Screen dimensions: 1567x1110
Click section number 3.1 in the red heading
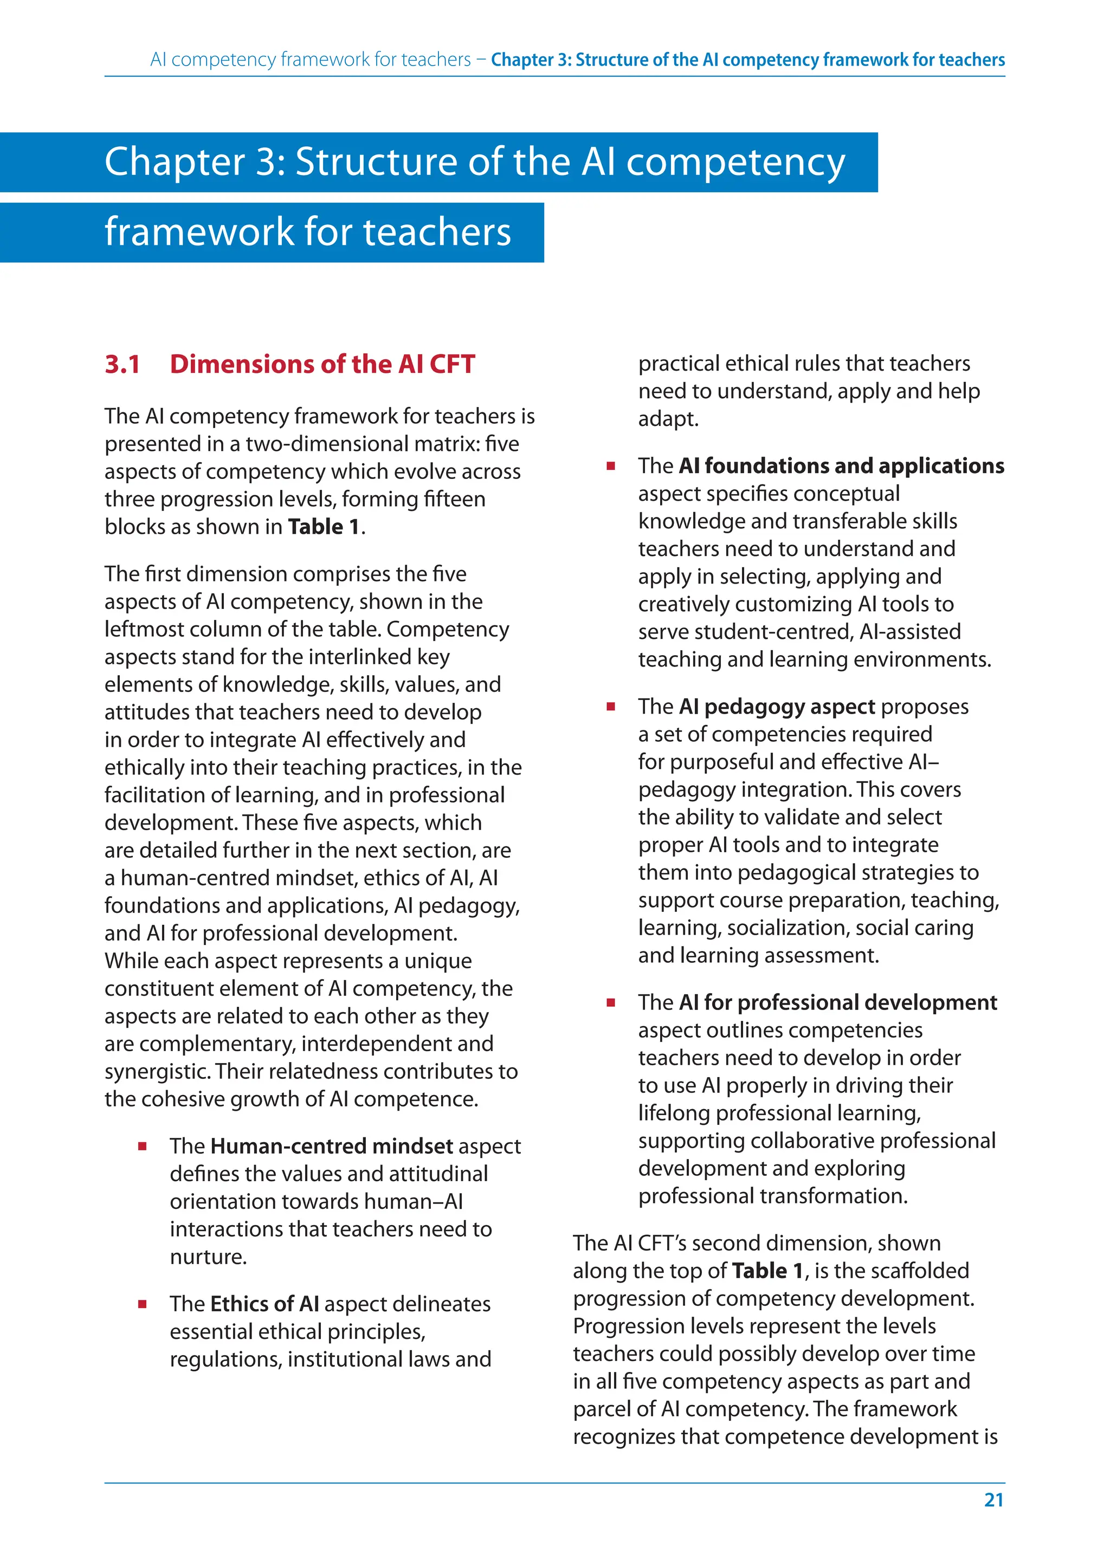122,364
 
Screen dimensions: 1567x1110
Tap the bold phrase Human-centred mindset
332,1146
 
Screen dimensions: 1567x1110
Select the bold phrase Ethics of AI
264,1304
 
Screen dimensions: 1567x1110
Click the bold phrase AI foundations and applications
841,466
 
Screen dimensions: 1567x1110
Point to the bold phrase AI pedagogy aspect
777,707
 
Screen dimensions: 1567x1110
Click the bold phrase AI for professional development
837,1002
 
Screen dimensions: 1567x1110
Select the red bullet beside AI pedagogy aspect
610,707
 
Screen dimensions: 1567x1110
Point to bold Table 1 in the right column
767,1271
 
